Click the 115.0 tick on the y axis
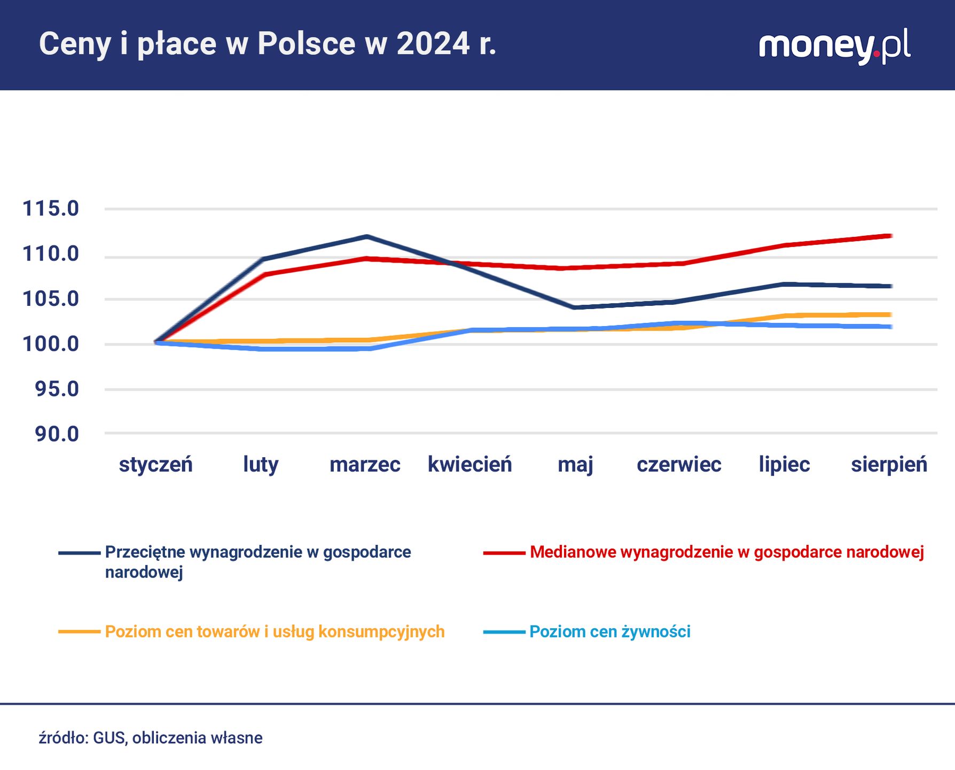tap(50, 209)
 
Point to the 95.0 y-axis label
tap(57, 389)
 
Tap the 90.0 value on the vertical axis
tap(57, 434)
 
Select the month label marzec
tap(365, 464)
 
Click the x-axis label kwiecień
tap(469, 464)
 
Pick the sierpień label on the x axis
tap(889, 464)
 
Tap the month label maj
tap(575, 464)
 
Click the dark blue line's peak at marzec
tap(366, 236)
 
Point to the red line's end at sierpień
tap(890, 236)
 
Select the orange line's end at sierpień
tap(890, 314)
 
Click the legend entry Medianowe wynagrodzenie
tap(726, 552)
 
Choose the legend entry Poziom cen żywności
tap(609, 632)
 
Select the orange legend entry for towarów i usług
tap(275, 632)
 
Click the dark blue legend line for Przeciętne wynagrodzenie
tap(79, 553)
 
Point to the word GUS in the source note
tap(109, 738)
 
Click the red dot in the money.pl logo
tap(876, 54)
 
